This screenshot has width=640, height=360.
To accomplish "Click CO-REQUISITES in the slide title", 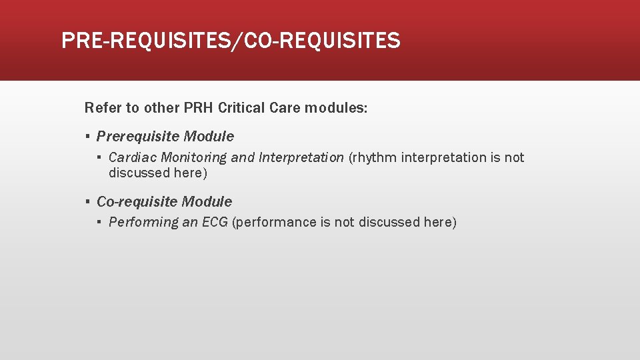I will tap(323, 41).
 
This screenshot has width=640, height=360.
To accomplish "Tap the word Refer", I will tap(100, 107).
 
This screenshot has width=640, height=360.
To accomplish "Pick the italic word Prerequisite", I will tap(138, 137).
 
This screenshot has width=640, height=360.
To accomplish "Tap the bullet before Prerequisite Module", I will tap(87, 137).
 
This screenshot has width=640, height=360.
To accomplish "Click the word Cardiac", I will tap(133, 158).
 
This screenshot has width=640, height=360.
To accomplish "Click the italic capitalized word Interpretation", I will tap(301, 158).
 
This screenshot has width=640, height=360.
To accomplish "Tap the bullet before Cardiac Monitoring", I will tap(99, 158).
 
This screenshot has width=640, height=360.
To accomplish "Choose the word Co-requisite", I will tap(137, 201).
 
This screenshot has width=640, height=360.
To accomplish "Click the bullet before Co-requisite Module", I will tap(87, 201).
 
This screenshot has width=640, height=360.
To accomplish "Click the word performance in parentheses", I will tap(274, 223).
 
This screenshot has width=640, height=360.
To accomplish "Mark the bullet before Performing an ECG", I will tap(99, 223).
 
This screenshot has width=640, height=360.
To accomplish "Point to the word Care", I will tap(286, 107).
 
